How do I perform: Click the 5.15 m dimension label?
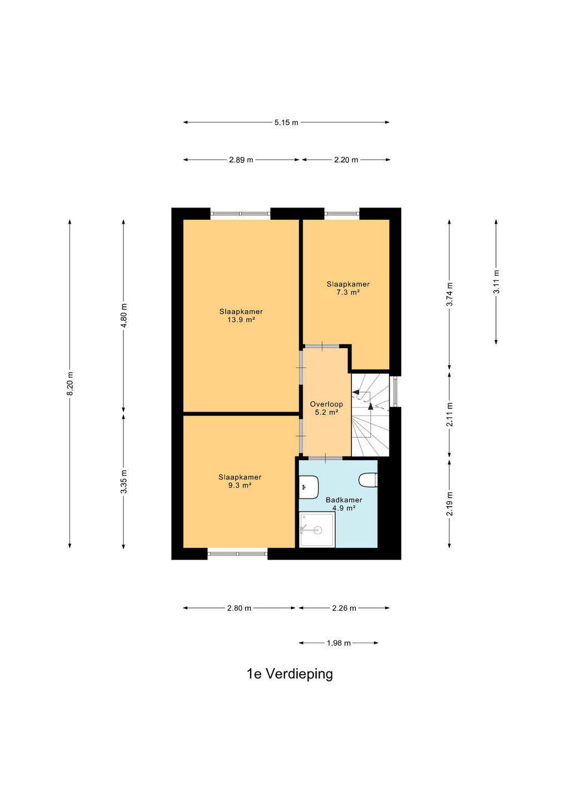(x=286, y=122)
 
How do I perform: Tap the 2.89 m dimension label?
(x=241, y=160)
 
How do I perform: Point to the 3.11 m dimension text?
(x=496, y=282)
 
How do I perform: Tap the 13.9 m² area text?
(x=241, y=320)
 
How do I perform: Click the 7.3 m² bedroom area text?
(x=347, y=292)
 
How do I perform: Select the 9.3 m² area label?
(x=240, y=485)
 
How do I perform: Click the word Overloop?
(x=326, y=404)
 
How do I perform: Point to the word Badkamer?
(x=344, y=500)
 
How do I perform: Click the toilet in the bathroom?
(x=368, y=480)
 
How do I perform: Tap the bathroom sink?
(x=309, y=487)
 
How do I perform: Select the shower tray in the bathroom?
(x=317, y=529)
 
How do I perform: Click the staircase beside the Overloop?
(x=370, y=415)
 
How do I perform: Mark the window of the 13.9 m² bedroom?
(x=240, y=214)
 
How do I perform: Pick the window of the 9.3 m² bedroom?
(x=237, y=553)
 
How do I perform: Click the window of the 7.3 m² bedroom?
(x=341, y=214)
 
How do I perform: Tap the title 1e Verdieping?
(x=290, y=674)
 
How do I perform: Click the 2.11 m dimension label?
(x=449, y=414)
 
